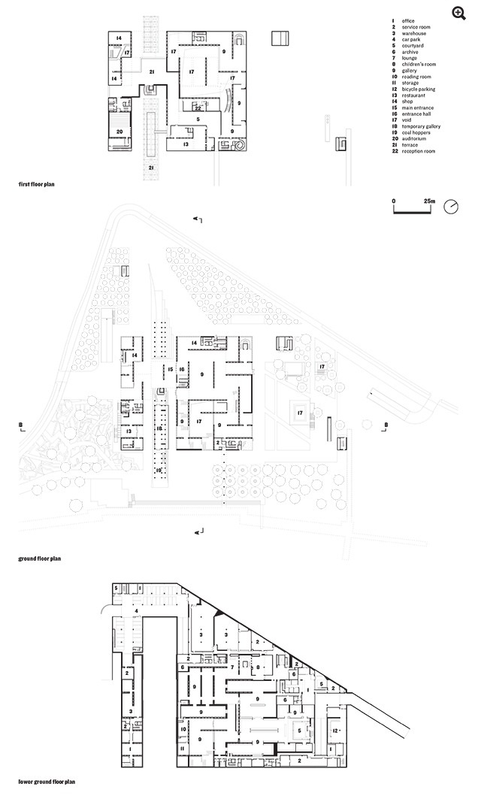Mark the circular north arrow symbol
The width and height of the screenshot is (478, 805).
pyautogui.click(x=451, y=207)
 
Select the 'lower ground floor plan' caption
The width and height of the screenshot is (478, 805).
pyautogui.click(x=47, y=782)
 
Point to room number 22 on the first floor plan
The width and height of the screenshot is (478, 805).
pyautogui.click(x=197, y=107)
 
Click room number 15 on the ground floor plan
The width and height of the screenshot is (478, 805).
pyautogui.click(x=171, y=370)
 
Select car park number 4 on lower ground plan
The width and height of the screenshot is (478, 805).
pyautogui.click(x=136, y=611)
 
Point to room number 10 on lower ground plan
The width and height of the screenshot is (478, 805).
pyautogui.click(x=183, y=728)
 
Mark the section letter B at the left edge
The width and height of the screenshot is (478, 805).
pyautogui.click(x=23, y=425)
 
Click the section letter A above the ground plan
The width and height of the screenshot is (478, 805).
pyautogui.click(x=196, y=219)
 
